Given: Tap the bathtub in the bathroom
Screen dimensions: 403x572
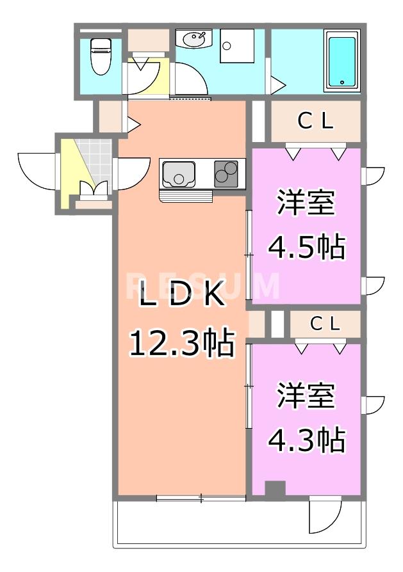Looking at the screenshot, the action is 341,61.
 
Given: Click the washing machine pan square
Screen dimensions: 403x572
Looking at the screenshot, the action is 236,45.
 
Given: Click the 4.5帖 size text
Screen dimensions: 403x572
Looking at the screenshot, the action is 306,246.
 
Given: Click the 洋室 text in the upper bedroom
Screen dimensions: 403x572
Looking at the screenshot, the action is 306,204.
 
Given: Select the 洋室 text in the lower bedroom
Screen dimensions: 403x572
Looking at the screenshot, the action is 306,397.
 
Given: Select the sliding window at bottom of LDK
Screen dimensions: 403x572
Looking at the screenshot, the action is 201,498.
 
